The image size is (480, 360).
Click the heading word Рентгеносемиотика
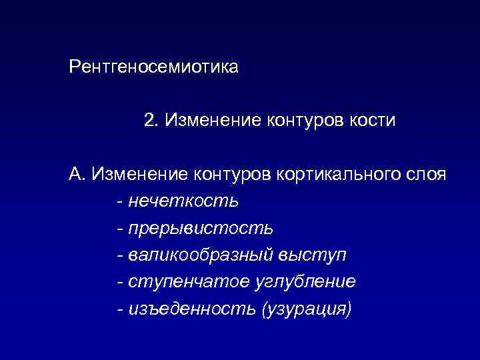pos(153,67)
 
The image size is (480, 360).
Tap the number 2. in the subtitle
pos(151,121)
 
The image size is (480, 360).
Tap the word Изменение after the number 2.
pos(204,121)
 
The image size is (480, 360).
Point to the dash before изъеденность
pos(119,309)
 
